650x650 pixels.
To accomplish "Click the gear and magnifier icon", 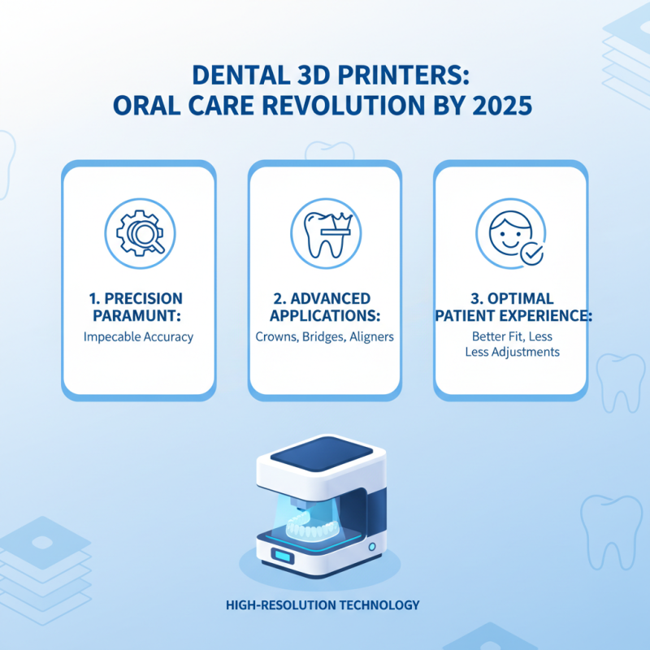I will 139,231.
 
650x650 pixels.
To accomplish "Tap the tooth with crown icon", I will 324,231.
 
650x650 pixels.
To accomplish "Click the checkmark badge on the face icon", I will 532,253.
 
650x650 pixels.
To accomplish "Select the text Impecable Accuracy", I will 139,336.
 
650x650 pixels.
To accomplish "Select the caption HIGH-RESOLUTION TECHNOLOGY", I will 325,604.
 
